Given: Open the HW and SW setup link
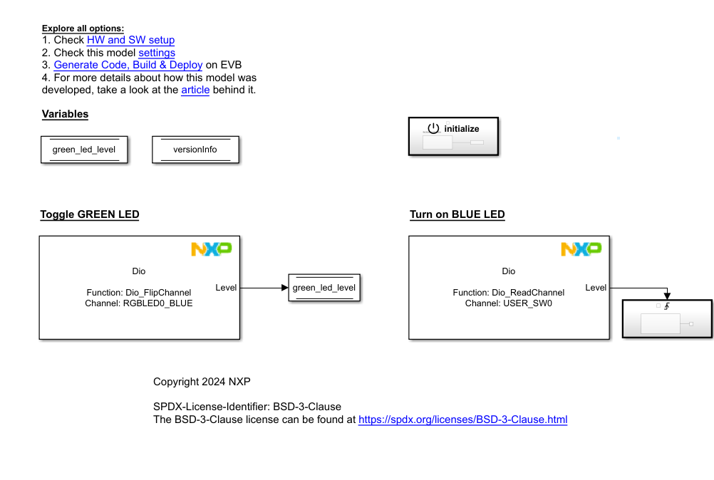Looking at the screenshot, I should (130, 40).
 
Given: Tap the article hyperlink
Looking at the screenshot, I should (195, 90).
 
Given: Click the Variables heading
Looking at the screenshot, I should (65, 114).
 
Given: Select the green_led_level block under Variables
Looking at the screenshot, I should (84, 150).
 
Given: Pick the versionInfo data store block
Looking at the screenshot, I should (195, 150).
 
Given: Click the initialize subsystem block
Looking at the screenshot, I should (452, 136).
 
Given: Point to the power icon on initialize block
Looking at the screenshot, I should (433, 128).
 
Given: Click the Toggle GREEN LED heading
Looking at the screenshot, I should (90, 214).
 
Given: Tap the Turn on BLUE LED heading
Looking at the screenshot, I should (457, 214).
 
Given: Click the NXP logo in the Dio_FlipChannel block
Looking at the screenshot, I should (211, 249).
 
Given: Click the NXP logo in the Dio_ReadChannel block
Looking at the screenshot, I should (581, 249).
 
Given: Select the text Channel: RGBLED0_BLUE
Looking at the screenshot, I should (139, 303).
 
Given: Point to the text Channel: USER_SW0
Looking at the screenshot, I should (508, 303).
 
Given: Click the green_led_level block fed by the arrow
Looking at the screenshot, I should (324, 288).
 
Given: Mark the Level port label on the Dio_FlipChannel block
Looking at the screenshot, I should (226, 288).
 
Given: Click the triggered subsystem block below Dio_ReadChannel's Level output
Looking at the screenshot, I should (667, 318).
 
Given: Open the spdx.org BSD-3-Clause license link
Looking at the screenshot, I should (462, 419).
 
